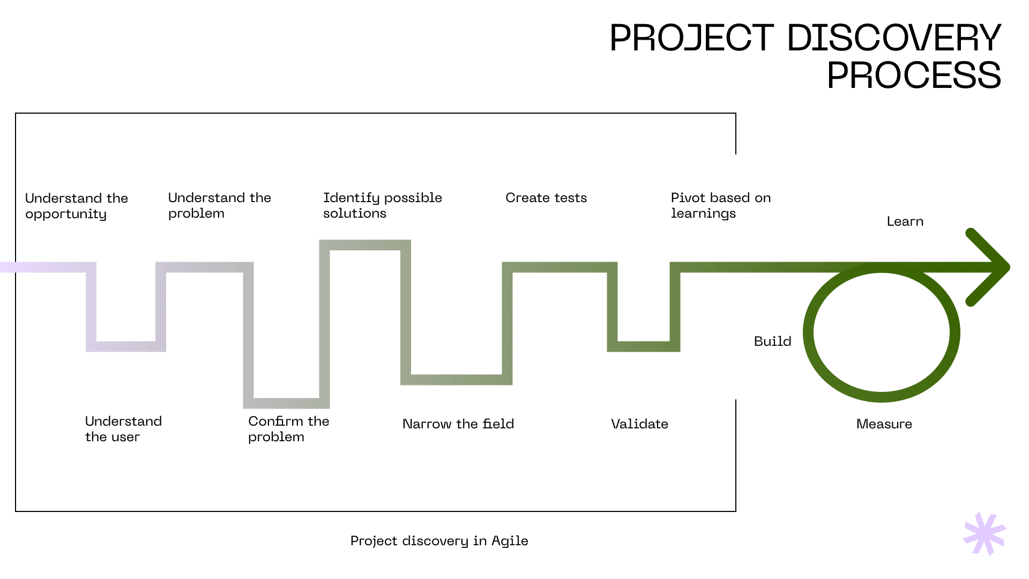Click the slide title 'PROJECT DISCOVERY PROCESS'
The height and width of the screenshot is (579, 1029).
click(x=805, y=56)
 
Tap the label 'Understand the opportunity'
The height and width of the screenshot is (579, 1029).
click(x=76, y=206)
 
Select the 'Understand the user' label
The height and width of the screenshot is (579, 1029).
click(x=123, y=429)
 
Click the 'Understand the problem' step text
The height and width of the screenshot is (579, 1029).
click(x=219, y=205)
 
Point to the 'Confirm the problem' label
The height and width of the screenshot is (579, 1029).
click(x=288, y=429)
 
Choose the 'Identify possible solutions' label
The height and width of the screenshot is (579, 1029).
click(x=382, y=205)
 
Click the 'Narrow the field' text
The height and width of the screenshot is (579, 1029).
click(x=458, y=424)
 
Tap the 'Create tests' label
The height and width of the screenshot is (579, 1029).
click(x=546, y=198)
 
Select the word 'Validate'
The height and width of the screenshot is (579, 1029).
click(x=639, y=424)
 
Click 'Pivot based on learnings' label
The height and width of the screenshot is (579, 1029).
click(x=720, y=205)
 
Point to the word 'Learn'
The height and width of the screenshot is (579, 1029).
click(x=905, y=221)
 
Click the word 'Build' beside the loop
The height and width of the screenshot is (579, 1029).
click(x=772, y=342)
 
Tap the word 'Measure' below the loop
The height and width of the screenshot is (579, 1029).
click(x=884, y=424)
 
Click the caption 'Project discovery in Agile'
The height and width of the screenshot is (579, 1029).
click(x=439, y=541)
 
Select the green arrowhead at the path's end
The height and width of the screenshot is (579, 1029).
click(x=989, y=267)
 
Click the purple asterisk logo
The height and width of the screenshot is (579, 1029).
click(x=985, y=534)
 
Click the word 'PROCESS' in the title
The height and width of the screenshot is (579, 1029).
click(x=913, y=75)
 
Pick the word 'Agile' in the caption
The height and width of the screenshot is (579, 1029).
click(x=510, y=541)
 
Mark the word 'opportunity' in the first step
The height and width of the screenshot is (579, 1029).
click(x=66, y=214)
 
